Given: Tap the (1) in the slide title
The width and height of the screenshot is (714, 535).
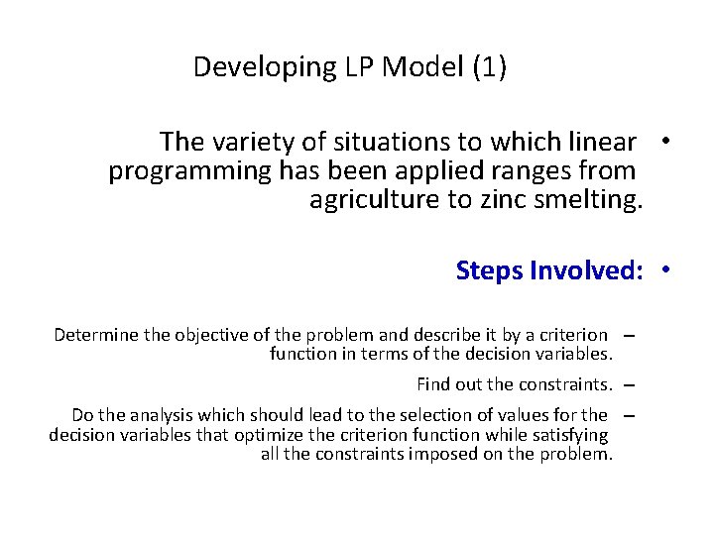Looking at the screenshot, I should (489, 67).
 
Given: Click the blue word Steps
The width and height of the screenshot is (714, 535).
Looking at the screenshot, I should (490, 269).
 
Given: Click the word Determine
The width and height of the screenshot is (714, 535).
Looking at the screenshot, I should (96, 335).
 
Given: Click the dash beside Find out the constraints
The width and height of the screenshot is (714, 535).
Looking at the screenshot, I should (630, 383).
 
